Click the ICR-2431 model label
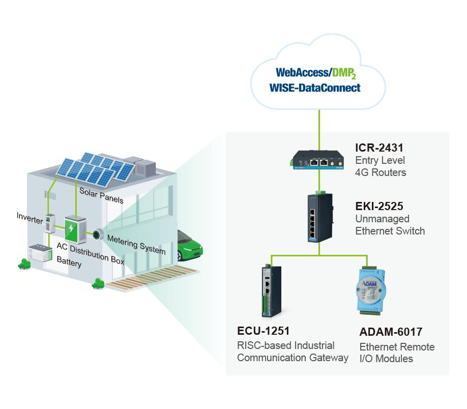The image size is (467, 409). point(379,148)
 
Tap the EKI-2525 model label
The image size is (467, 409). point(379,206)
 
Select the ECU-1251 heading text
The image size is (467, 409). point(264,331)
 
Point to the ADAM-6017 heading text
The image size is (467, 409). point(391,332)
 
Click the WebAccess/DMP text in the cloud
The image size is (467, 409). point(316,73)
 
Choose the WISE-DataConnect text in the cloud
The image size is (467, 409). point(315,88)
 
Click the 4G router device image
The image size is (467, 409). point(317,160)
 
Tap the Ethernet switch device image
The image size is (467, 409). point(320,217)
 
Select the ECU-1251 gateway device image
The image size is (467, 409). point(271,291)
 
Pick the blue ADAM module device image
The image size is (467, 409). point(371,290)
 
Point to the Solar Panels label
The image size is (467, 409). point(101,195)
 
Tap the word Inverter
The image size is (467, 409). point(30,218)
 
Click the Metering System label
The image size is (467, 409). point(136,245)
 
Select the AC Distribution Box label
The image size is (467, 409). point(91,253)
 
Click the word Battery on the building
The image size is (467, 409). point(69,261)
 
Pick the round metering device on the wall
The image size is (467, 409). point(98,235)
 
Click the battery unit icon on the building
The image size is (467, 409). point(41,253)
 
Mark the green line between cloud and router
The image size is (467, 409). point(319,130)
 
